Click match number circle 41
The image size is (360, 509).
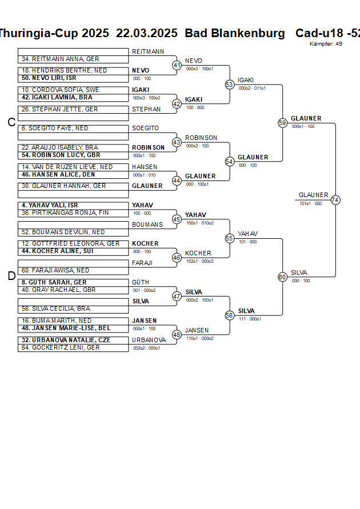177,65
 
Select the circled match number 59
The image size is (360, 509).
282,123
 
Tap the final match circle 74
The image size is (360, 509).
335,200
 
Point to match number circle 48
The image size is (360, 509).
177,335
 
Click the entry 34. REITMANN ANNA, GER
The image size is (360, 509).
60,59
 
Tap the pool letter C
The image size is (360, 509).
11,122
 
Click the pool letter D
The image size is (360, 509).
11,276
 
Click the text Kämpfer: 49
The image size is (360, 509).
326,43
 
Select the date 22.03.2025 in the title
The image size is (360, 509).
147,33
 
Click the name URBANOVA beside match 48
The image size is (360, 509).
149,340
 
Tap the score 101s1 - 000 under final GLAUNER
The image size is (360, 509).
310,203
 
